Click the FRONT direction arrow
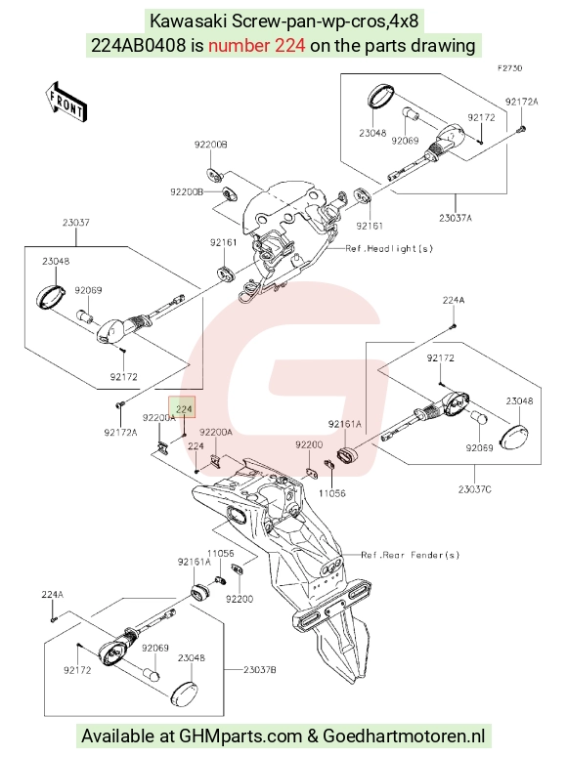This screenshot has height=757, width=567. point(66,102)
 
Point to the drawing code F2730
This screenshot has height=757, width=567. point(510,68)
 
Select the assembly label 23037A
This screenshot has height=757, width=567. point(456,218)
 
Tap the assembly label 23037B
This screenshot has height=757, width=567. point(260,670)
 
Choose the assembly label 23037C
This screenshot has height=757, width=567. point(475,489)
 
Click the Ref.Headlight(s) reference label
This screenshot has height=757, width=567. point(389,249)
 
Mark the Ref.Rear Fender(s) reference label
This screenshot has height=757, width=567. point(411,555)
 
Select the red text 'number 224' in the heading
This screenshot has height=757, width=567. point(257,45)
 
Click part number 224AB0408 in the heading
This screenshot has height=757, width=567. point(138,45)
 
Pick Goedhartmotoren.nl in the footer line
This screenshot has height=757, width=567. point(404,736)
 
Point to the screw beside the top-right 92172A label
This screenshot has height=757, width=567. point(523,129)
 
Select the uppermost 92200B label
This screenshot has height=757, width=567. point(211,145)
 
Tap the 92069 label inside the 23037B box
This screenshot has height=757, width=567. point(155,648)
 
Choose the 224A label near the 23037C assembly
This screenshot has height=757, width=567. point(454,300)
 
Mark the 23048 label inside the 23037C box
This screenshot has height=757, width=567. point(520,401)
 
